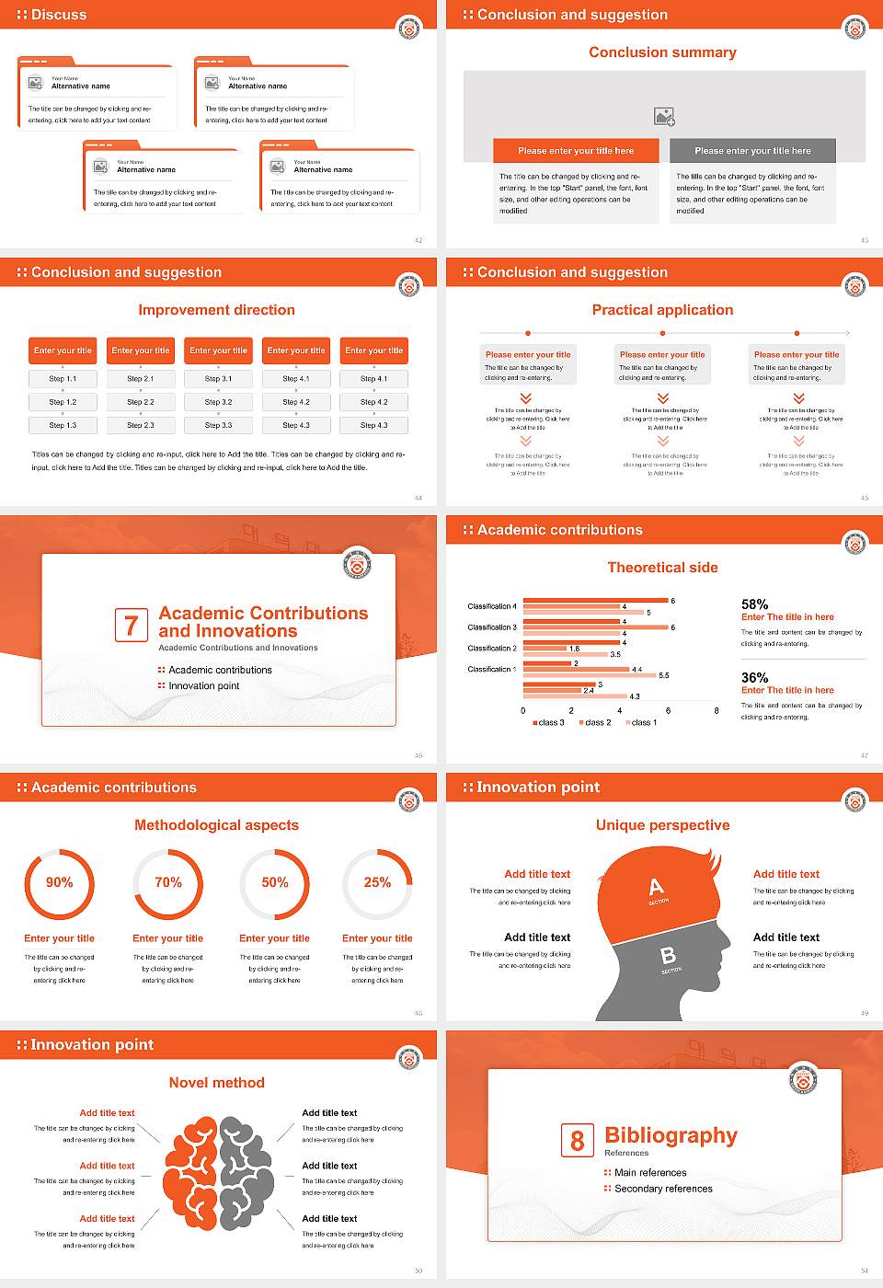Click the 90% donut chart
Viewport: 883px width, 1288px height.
click(59, 883)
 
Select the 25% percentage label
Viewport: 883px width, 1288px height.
click(377, 882)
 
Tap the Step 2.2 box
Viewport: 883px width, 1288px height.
click(141, 402)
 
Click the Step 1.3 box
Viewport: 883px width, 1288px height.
click(63, 425)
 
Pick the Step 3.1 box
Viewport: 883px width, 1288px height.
click(219, 378)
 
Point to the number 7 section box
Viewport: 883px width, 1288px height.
click(131, 625)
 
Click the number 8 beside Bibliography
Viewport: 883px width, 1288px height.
click(577, 1140)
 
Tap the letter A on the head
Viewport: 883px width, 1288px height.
click(656, 887)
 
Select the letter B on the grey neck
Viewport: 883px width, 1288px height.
click(669, 957)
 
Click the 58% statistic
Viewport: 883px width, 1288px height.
click(754, 604)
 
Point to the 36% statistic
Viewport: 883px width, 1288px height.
click(754, 677)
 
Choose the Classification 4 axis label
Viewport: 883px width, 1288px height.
click(492, 606)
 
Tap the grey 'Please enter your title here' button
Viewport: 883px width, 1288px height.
click(752, 151)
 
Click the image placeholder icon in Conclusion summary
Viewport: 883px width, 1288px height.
click(664, 117)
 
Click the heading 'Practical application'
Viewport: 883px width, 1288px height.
click(662, 310)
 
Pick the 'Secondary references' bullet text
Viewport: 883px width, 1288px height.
click(663, 1189)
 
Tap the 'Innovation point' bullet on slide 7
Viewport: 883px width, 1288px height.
click(203, 685)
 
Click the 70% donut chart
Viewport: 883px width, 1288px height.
click(168, 883)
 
